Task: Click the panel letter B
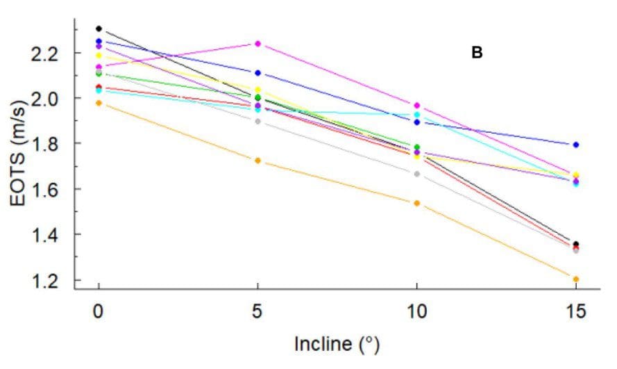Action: click(477, 52)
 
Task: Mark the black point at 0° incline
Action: click(99, 28)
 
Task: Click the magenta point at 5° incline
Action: click(258, 43)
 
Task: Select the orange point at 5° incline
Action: click(258, 161)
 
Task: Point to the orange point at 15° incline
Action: click(575, 279)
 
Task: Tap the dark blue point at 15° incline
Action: click(575, 145)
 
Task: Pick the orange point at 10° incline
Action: click(416, 203)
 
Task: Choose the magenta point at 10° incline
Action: click(416, 105)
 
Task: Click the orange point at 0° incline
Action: click(99, 103)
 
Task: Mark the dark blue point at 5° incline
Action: click(258, 73)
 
